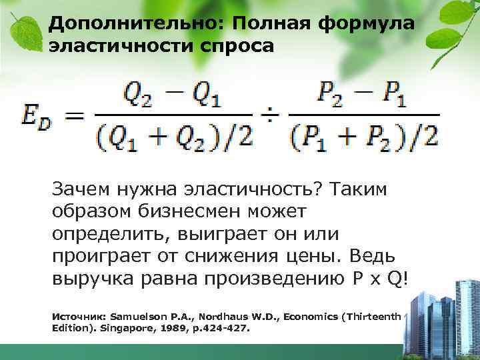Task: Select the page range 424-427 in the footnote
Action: (223, 326)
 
